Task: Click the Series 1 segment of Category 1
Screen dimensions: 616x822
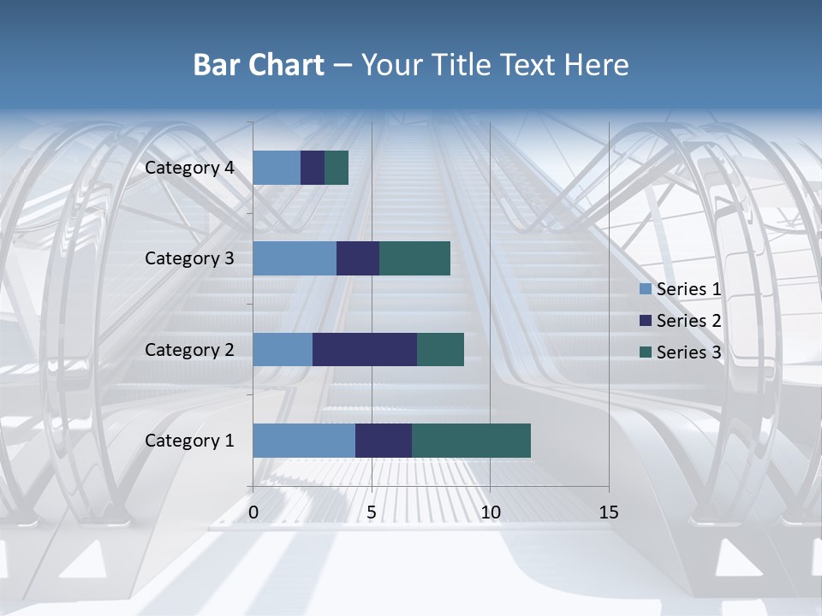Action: (x=304, y=440)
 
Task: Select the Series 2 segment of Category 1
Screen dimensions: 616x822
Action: (x=384, y=440)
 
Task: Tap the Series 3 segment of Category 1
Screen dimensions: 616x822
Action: (x=471, y=440)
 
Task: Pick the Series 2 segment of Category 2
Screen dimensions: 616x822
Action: (x=365, y=349)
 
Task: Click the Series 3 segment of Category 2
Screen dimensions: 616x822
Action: (x=440, y=349)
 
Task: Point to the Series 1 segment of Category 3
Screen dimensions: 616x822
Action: (x=295, y=258)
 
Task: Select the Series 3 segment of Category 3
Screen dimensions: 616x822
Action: (x=414, y=258)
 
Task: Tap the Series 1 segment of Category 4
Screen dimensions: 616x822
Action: (x=277, y=167)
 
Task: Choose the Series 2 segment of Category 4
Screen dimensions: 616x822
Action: (x=313, y=167)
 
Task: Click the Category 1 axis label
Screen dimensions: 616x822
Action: (x=188, y=441)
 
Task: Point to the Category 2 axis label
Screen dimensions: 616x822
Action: (x=188, y=349)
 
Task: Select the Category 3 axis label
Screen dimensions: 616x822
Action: (x=188, y=258)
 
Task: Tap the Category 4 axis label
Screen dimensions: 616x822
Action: (x=188, y=167)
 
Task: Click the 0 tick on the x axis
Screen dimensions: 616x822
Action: (x=253, y=512)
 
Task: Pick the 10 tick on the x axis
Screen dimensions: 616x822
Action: (x=490, y=512)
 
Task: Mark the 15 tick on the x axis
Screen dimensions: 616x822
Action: (x=609, y=512)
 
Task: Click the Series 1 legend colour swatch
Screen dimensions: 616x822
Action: (x=646, y=289)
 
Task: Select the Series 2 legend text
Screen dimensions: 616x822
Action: (x=688, y=321)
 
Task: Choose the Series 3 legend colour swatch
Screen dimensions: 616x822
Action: (x=646, y=352)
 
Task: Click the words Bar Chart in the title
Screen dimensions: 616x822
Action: (x=259, y=65)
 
